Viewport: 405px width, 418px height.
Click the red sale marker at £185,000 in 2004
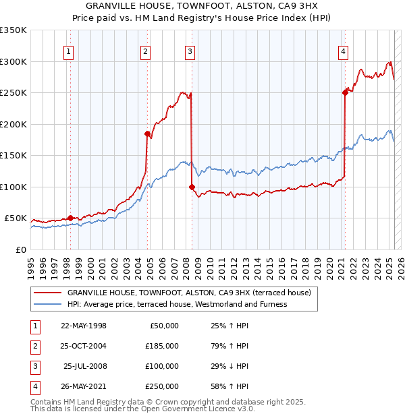(x=147, y=133)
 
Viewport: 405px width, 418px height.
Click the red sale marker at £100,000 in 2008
(x=192, y=187)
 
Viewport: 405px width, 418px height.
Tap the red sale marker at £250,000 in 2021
(x=345, y=93)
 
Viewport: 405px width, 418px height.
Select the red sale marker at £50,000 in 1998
(x=70, y=218)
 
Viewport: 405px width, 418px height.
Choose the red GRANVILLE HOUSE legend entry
(x=188, y=293)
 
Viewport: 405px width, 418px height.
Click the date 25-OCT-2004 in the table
(x=84, y=345)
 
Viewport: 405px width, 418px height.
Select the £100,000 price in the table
(x=162, y=366)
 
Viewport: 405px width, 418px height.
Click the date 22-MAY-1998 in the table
(x=84, y=326)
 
